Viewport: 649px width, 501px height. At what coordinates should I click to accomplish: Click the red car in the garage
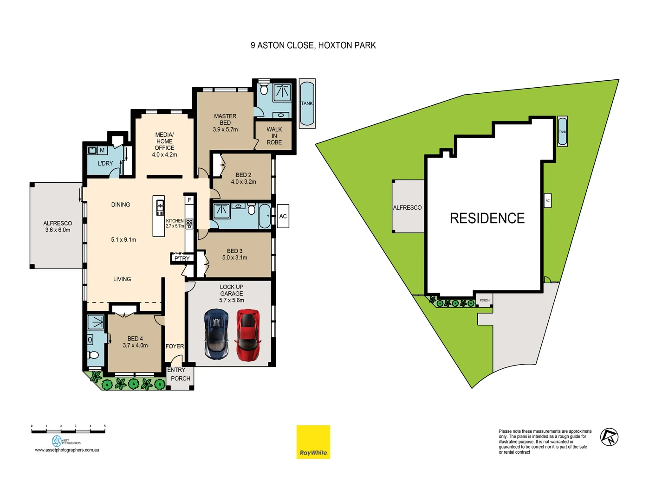pyautogui.click(x=247, y=335)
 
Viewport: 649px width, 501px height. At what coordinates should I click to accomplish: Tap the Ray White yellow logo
pyautogui.click(x=313, y=442)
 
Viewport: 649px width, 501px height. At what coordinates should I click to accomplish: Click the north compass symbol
pyautogui.click(x=609, y=437)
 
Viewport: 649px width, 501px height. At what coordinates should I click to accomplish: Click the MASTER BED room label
pyautogui.click(x=225, y=120)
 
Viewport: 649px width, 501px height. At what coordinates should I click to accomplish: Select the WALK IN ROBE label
pyautogui.click(x=274, y=136)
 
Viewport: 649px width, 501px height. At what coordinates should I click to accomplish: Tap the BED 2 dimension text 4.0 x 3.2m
pyautogui.click(x=244, y=182)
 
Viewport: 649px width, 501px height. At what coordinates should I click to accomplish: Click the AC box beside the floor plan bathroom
pyautogui.click(x=283, y=216)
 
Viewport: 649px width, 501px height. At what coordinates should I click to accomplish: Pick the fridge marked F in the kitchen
pyautogui.click(x=189, y=200)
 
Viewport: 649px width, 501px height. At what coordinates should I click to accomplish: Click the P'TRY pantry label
pyautogui.click(x=182, y=258)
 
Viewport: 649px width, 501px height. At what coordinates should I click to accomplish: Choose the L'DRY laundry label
pyautogui.click(x=105, y=163)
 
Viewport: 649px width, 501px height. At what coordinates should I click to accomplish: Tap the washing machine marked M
pyautogui.click(x=102, y=150)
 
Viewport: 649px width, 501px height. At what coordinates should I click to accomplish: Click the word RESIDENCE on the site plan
pyautogui.click(x=487, y=218)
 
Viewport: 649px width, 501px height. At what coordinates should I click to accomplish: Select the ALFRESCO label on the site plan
pyautogui.click(x=407, y=207)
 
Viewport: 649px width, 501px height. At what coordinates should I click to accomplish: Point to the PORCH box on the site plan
pyautogui.click(x=485, y=300)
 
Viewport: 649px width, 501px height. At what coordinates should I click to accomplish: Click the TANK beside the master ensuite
pyautogui.click(x=307, y=103)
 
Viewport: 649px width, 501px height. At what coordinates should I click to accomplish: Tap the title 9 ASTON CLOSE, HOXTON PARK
pyautogui.click(x=313, y=45)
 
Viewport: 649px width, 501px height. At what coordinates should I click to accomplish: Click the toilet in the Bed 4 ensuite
pyautogui.click(x=94, y=355)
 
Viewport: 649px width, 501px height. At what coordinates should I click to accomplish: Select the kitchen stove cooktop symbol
pyautogui.click(x=189, y=224)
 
